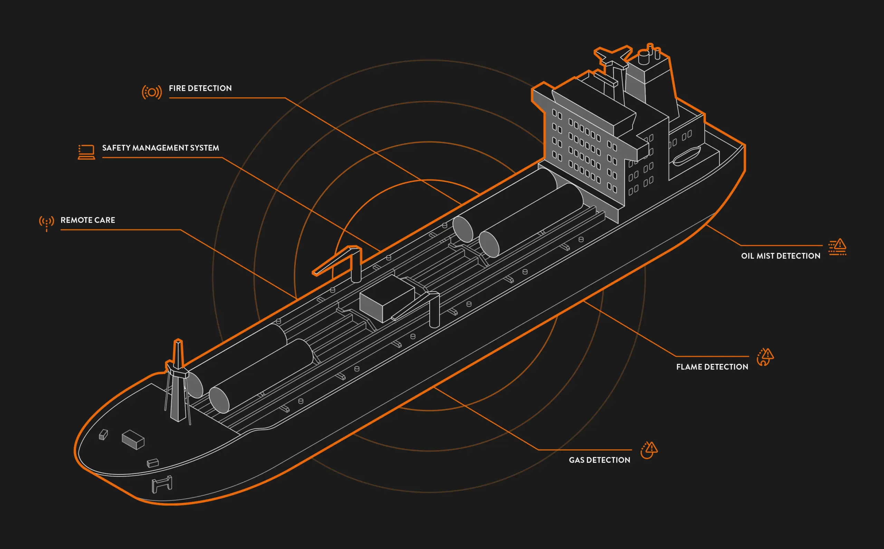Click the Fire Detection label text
pyautogui.click(x=200, y=88)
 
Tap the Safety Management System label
pyautogui.click(x=161, y=148)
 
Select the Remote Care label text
pyautogui.click(x=88, y=220)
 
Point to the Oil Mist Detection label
pyautogui.click(x=780, y=256)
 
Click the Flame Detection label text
pyautogui.click(x=712, y=367)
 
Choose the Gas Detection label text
pyautogui.click(x=599, y=460)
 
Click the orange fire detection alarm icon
pyautogui.click(x=152, y=92)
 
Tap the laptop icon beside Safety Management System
pyautogui.click(x=86, y=152)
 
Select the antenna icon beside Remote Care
pyautogui.click(x=47, y=223)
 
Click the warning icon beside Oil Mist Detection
pyautogui.click(x=837, y=247)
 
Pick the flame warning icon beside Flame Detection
pyautogui.click(x=765, y=357)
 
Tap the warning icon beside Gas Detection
pyautogui.click(x=649, y=450)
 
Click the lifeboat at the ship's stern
pyautogui.click(x=686, y=156)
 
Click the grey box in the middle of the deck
pyautogui.click(x=387, y=298)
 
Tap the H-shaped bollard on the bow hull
pyautogui.click(x=162, y=484)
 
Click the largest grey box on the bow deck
pyautogui.click(x=133, y=440)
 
